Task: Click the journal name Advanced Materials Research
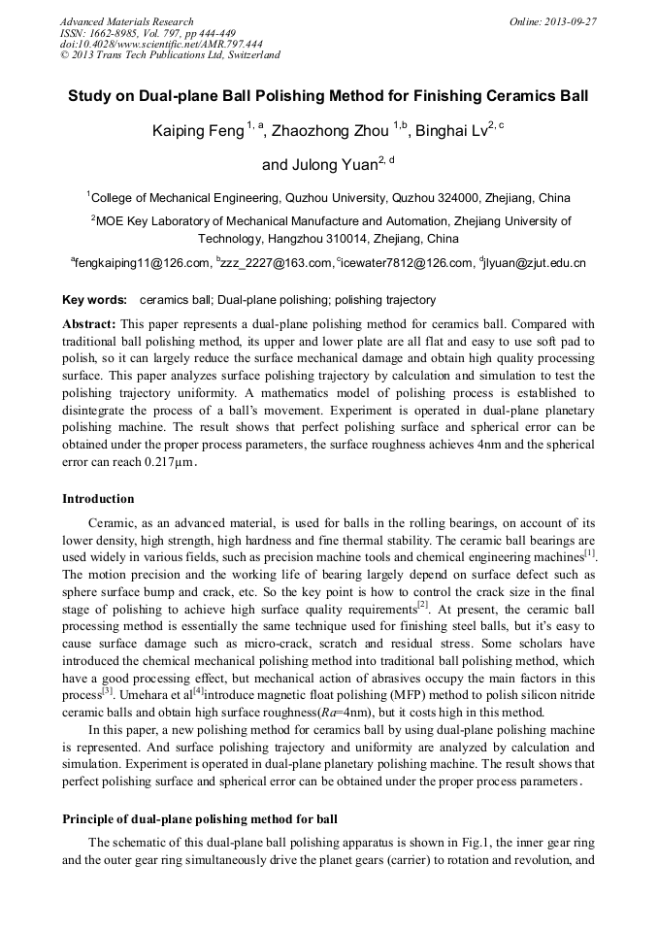point(126,21)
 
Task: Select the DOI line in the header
point(161,44)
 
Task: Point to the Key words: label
point(94,301)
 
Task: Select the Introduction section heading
point(98,499)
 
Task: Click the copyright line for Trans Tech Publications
point(170,55)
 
